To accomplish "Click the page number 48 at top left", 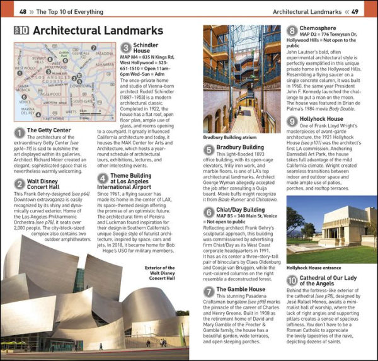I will click(x=23, y=11).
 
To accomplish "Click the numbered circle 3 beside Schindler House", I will click(x=125, y=47).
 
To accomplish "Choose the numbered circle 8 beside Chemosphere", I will click(x=292, y=30).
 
